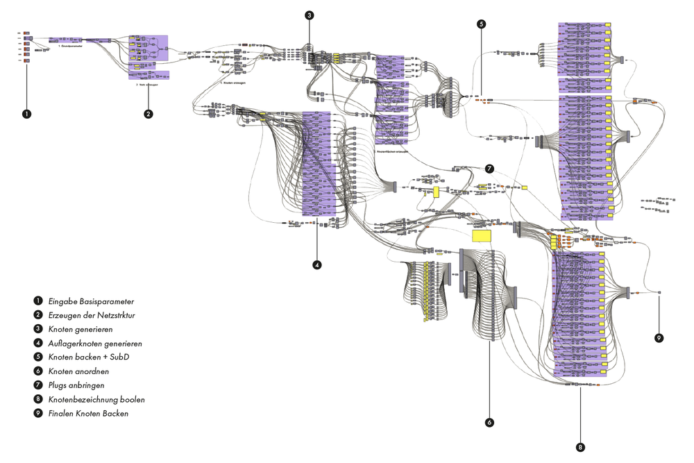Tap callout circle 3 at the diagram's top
(309, 15)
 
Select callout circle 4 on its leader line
(317, 264)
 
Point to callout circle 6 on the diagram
(490, 422)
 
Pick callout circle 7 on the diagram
(489, 169)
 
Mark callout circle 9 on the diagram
(659, 338)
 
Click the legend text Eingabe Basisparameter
(91, 302)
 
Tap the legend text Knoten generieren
(81, 330)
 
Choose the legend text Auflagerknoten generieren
(96, 344)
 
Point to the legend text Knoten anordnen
(78, 371)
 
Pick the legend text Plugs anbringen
(76, 385)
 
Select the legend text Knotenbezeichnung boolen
(96, 400)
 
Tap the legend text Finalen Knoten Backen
(88, 414)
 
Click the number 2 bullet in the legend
(37, 316)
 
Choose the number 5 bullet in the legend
(37, 357)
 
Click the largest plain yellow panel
(482, 236)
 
